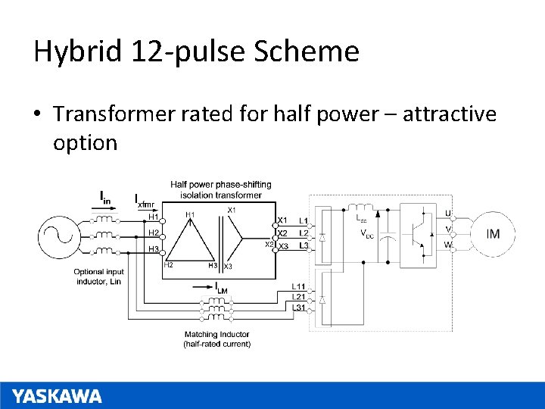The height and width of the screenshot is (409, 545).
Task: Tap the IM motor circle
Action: pyautogui.click(x=493, y=233)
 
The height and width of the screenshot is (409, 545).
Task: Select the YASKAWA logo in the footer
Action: pyautogui.click(x=57, y=396)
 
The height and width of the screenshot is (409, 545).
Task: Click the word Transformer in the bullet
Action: pyautogui.click(x=116, y=114)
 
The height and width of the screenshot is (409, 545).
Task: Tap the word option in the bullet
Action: pyautogui.click(x=85, y=142)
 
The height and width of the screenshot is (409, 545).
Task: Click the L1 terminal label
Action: pyautogui.click(x=304, y=221)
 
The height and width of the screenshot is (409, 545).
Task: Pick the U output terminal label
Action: pyautogui.click(x=448, y=214)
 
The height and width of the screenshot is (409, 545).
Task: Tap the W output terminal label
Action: pyautogui.click(x=448, y=245)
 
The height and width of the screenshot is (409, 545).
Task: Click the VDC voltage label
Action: pyautogui.click(x=366, y=233)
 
